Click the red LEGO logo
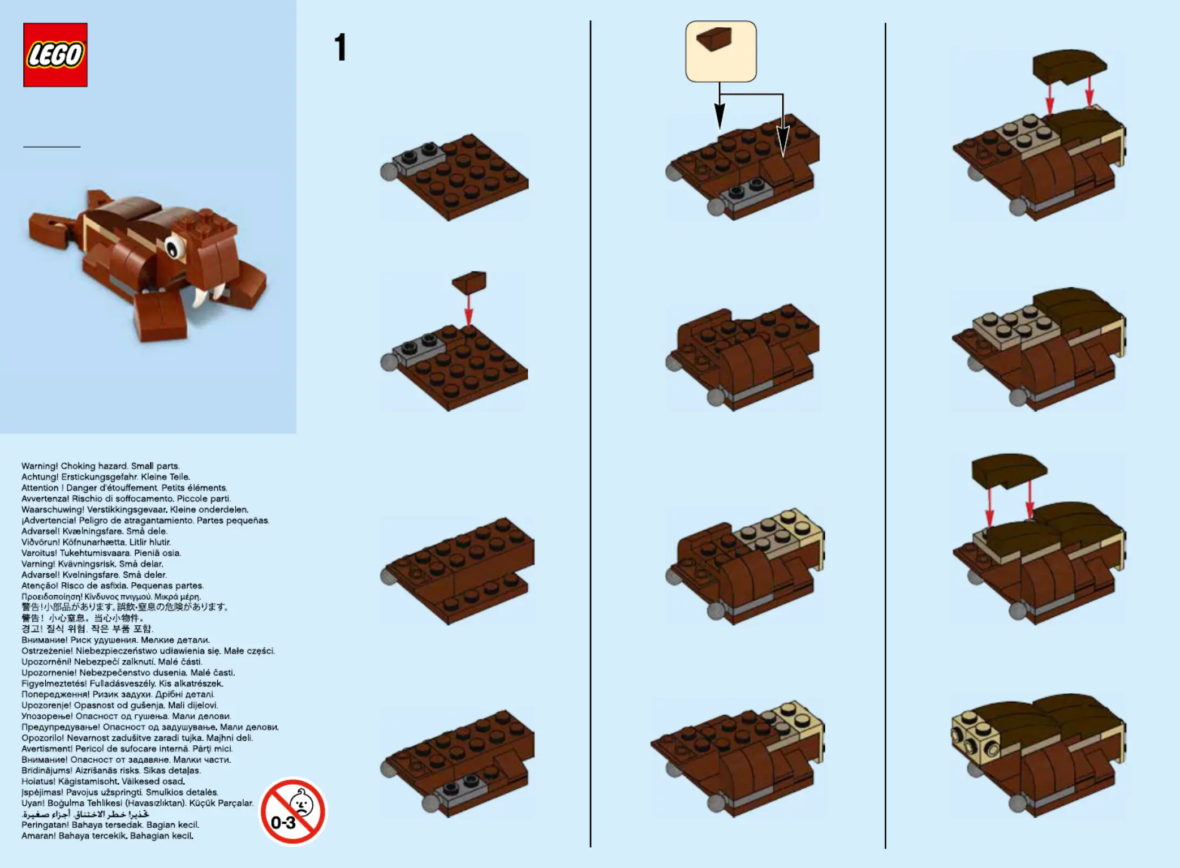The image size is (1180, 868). tap(55, 55)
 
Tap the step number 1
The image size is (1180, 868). tap(340, 47)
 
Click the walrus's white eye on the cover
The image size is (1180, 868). tap(175, 247)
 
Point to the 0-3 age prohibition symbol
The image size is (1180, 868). tap(292, 811)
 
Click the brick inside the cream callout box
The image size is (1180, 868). tap(714, 38)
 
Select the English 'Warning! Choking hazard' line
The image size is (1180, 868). tap(101, 466)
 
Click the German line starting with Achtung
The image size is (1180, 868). tap(106, 477)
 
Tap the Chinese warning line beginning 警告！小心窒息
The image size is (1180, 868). tap(83, 618)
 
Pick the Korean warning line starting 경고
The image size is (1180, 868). tap(87, 629)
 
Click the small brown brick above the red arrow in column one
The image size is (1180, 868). tap(470, 282)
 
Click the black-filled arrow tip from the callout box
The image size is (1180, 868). tap(720, 117)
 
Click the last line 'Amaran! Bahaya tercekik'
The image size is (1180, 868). tap(107, 836)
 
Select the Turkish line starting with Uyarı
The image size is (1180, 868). tap(137, 803)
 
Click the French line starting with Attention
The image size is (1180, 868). tap(124, 488)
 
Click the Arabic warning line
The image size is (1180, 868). tap(85, 814)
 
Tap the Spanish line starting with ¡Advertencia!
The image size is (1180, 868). tap(145, 521)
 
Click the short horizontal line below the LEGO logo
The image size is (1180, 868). tap(52, 147)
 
